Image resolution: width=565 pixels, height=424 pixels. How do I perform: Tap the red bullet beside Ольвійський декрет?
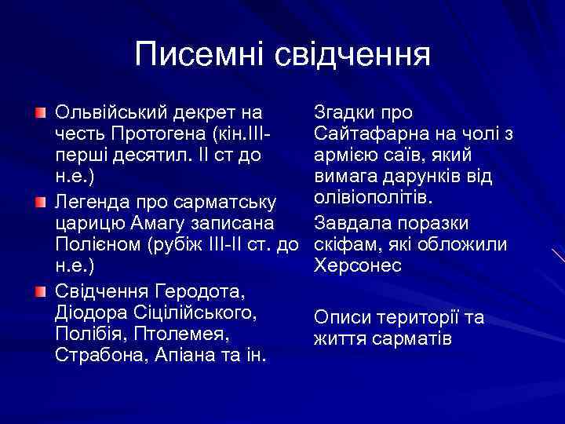tap(41, 113)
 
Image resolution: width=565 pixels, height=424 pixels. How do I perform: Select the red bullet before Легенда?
tap(41, 203)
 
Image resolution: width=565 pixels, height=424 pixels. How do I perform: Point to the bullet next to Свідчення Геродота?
tap(41, 293)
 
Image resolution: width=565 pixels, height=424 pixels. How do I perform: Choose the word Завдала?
tap(349, 223)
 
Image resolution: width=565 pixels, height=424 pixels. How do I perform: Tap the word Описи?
tap(339, 318)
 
